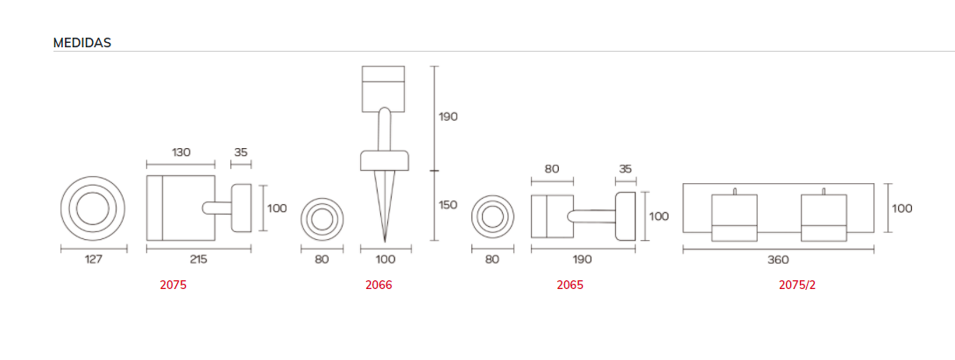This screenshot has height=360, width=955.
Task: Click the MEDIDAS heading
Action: coord(82,43)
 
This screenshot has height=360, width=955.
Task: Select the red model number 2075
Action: coord(173,285)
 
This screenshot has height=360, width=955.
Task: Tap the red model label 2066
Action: coord(378,285)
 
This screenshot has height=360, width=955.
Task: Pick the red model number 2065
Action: coord(570,285)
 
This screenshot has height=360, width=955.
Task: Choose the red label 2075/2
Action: coord(796,285)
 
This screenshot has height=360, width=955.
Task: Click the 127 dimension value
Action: coord(93,259)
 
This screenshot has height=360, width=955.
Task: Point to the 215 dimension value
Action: coord(199,259)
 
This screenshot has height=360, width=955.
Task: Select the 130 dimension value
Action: coord(180,152)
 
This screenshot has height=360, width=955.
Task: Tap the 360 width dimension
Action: coord(778,259)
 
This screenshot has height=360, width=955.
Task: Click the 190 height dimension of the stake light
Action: coord(449,117)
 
